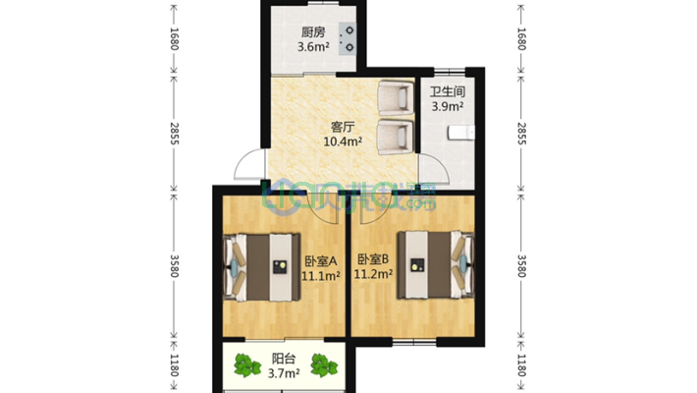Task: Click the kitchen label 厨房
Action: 312,30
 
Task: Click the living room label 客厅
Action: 343,127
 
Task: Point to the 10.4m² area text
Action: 343,141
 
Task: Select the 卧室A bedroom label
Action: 321,261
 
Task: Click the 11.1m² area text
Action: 321,276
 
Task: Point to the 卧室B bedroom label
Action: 374,260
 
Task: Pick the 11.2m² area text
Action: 374,275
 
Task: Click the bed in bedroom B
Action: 436,263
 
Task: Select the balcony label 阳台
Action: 283,360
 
